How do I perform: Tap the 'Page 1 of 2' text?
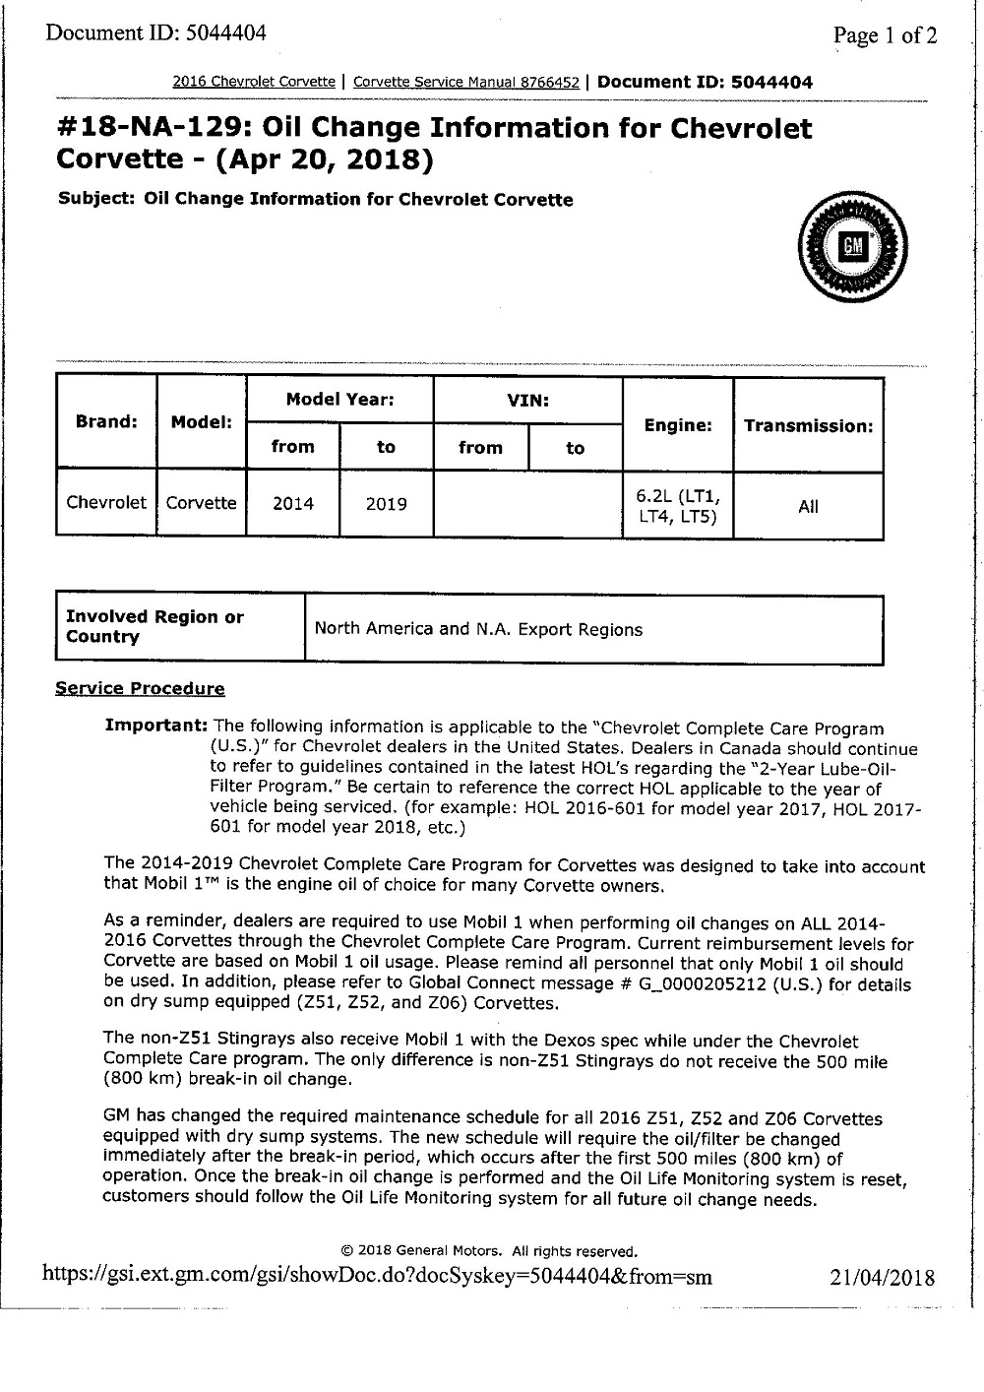[x=885, y=36]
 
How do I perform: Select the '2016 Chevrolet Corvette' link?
[x=254, y=83]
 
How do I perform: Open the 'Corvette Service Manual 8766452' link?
[x=465, y=83]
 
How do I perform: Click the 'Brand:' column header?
[x=106, y=421]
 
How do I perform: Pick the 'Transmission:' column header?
[x=808, y=426]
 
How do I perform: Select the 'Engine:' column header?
[x=677, y=425]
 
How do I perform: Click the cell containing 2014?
[x=293, y=504]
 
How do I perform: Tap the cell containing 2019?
[x=386, y=504]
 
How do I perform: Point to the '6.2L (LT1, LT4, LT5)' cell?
[x=677, y=505]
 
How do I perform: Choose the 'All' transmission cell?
[x=808, y=507]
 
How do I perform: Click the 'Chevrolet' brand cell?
[x=106, y=503]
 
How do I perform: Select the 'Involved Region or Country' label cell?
[x=154, y=627]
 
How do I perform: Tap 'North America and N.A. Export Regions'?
[x=478, y=629]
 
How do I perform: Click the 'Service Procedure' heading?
[x=140, y=689]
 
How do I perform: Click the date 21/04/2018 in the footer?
[x=882, y=1278]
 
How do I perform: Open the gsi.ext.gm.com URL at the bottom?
[x=376, y=1277]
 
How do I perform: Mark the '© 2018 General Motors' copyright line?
[x=489, y=1251]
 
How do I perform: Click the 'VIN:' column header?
[x=527, y=401]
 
